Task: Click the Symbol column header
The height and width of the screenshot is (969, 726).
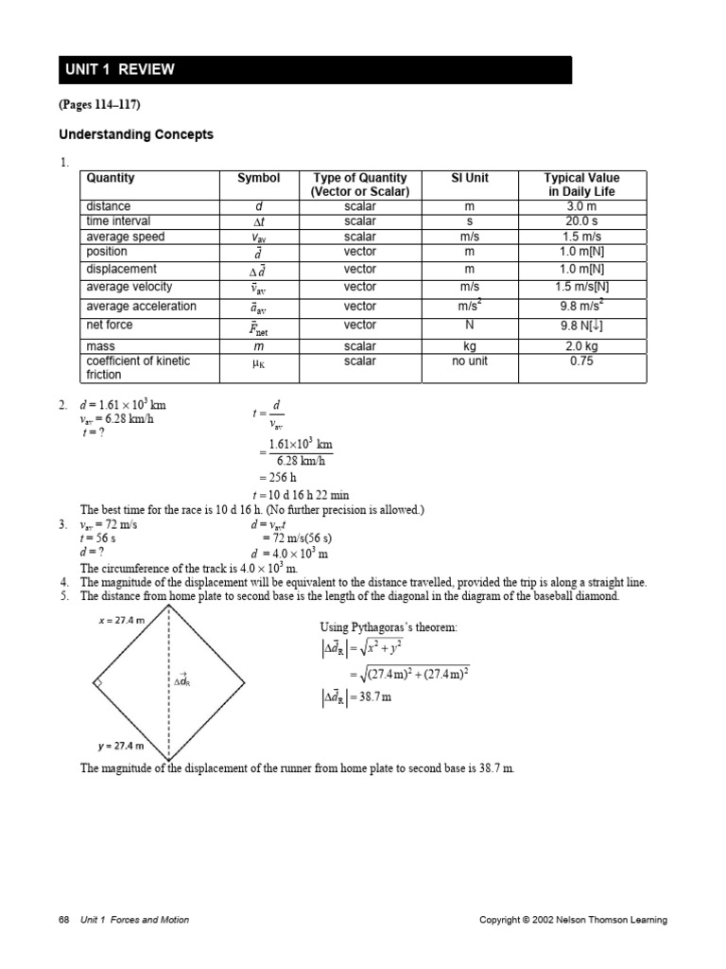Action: click(x=258, y=178)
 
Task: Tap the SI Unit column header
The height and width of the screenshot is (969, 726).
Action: click(x=470, y=178)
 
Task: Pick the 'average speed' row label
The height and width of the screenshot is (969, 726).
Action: click(x=125, y=237)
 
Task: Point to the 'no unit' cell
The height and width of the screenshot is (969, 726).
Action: click(x=470, y=361)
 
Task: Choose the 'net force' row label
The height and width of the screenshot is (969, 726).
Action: click(x=110, y=325)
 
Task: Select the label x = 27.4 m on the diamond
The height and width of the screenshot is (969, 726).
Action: click(x=121, y=620)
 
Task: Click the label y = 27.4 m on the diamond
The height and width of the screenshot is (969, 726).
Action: click(x=121, y=747)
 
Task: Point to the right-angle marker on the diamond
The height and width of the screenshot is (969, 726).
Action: click(x=97, y=682)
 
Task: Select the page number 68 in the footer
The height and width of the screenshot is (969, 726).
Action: click(x=63, y=920)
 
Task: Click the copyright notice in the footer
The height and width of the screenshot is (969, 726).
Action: click(x=574, y=920)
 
